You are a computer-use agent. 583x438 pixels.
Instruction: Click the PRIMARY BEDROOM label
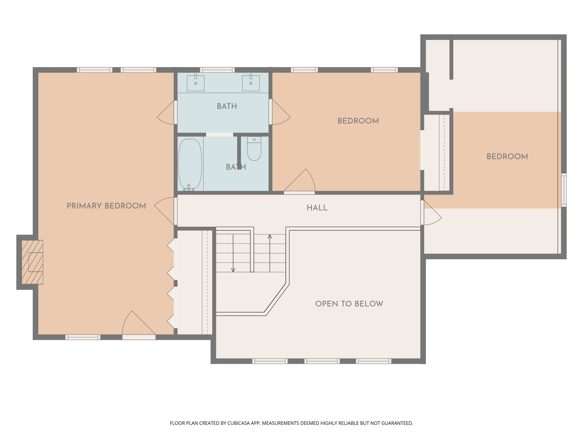(x=106, y=206)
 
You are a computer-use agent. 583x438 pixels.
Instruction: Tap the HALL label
(x=317, y=208)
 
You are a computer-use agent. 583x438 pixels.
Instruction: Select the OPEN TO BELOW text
(x=349, y=304)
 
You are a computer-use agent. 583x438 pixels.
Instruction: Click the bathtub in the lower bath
(x=190, y=164)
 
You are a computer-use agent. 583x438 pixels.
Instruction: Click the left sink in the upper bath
(x=195, y=83)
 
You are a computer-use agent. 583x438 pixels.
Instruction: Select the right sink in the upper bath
(x=251, y=83)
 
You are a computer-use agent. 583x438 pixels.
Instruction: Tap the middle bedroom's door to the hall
(x=300, y=182)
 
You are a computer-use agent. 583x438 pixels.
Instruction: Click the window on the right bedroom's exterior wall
(x=564, y=190)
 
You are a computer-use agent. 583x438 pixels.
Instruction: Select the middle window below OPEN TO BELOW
(x=322, y=361)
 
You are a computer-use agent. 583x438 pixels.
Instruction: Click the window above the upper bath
(x=217, y=70)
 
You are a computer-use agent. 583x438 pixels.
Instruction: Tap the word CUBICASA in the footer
(x=238, y=423)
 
